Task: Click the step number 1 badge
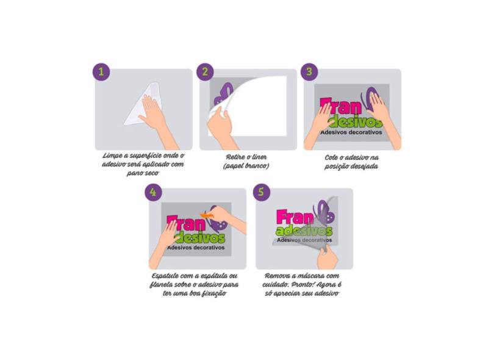(x=101, y=71)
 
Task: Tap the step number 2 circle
(x=205, y=71)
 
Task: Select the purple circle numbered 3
(x=309, y=71)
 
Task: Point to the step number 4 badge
(x=154, y=192)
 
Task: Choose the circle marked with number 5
(x=262, y=192)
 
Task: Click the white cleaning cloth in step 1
(x=143, y=104)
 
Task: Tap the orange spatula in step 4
(x=207, y=215)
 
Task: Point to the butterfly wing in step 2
(x=223, y=94)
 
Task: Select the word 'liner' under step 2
(x=258, y=157)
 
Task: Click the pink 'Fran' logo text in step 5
(x=295, y=217)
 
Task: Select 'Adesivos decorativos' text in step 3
(x=351, y=132)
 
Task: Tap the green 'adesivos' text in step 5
(x=304, y=231)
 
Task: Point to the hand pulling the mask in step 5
(x=327, y=257)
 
